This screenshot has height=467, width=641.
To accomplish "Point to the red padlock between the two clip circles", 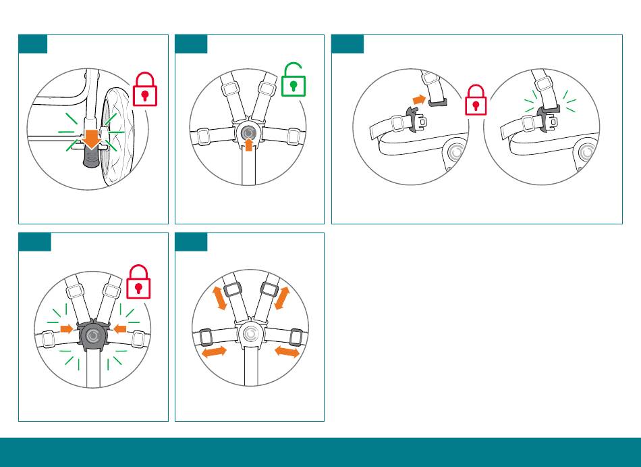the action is (476, 101).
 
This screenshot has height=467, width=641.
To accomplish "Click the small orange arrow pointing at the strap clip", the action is (420, 99).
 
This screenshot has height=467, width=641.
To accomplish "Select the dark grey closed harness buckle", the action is (92, 335).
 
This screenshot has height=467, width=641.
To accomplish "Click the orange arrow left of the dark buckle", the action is (66, 328).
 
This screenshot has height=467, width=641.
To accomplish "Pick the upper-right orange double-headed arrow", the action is (281, 298).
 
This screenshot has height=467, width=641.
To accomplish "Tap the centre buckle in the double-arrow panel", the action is (250, 333).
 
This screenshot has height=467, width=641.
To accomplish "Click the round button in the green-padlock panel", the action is (248, 131).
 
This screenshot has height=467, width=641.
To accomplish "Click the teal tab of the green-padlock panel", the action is (191, 44).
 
